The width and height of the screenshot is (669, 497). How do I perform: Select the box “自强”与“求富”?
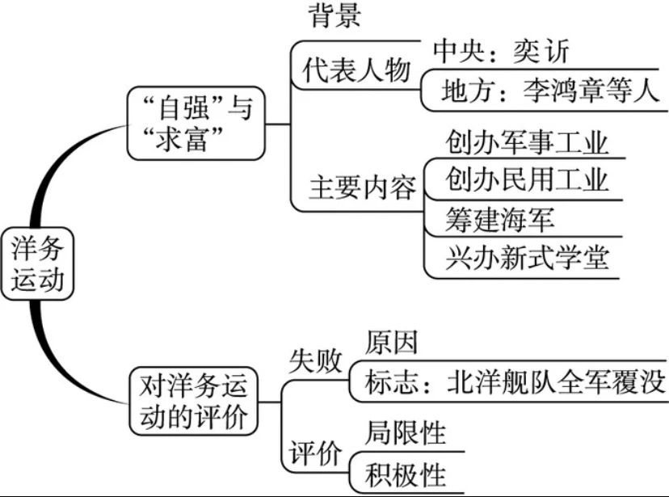(196, 124)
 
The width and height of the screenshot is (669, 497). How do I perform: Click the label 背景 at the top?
(334, 15)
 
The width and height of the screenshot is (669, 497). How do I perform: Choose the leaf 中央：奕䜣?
(501, 52)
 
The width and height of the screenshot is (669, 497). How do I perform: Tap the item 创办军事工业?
(526, 142)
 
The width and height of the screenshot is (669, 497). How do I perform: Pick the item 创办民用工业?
(526, 180)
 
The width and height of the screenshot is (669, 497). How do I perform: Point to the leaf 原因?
(391, 343)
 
